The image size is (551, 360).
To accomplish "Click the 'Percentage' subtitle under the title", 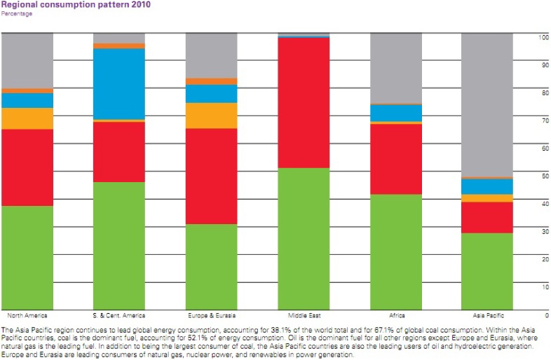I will point(17,13).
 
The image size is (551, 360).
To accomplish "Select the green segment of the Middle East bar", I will point(304,238).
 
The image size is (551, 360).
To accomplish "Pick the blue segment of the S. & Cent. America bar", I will point(119,83).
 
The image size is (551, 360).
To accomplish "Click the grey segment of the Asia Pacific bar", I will point(487,105).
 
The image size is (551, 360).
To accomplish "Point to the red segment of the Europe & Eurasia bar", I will point(211,176).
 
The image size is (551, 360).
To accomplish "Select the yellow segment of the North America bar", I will point(27,118).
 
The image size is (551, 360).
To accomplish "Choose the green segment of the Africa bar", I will point(395,251).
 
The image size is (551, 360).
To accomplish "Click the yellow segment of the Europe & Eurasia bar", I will point(211,116).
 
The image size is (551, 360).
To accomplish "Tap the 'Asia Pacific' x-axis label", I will point(477,315).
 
